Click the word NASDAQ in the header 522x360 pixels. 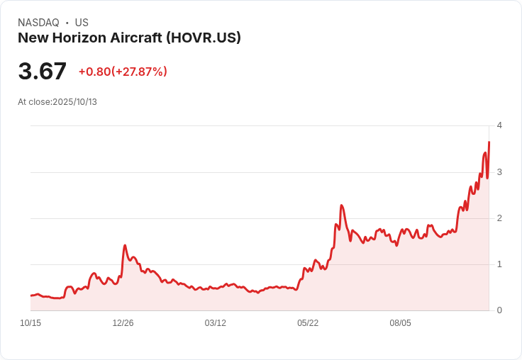38,23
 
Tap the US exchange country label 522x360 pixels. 82,23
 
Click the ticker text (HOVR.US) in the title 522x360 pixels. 204,38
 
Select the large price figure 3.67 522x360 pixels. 43,72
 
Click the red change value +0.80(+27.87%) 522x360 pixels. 123,72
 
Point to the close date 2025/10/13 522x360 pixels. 74,102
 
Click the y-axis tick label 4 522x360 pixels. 499,125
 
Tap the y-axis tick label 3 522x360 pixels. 499,172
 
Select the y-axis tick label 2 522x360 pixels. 499,218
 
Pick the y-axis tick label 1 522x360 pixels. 499,264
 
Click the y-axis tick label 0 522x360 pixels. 499,310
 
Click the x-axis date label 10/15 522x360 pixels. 30,323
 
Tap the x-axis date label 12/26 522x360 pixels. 123,323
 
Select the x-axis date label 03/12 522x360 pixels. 216,323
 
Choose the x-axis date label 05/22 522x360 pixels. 308,323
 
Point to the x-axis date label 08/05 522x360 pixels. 400,323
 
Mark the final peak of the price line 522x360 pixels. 489,142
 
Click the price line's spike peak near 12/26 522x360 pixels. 125,245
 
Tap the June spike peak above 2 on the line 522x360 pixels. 342,206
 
